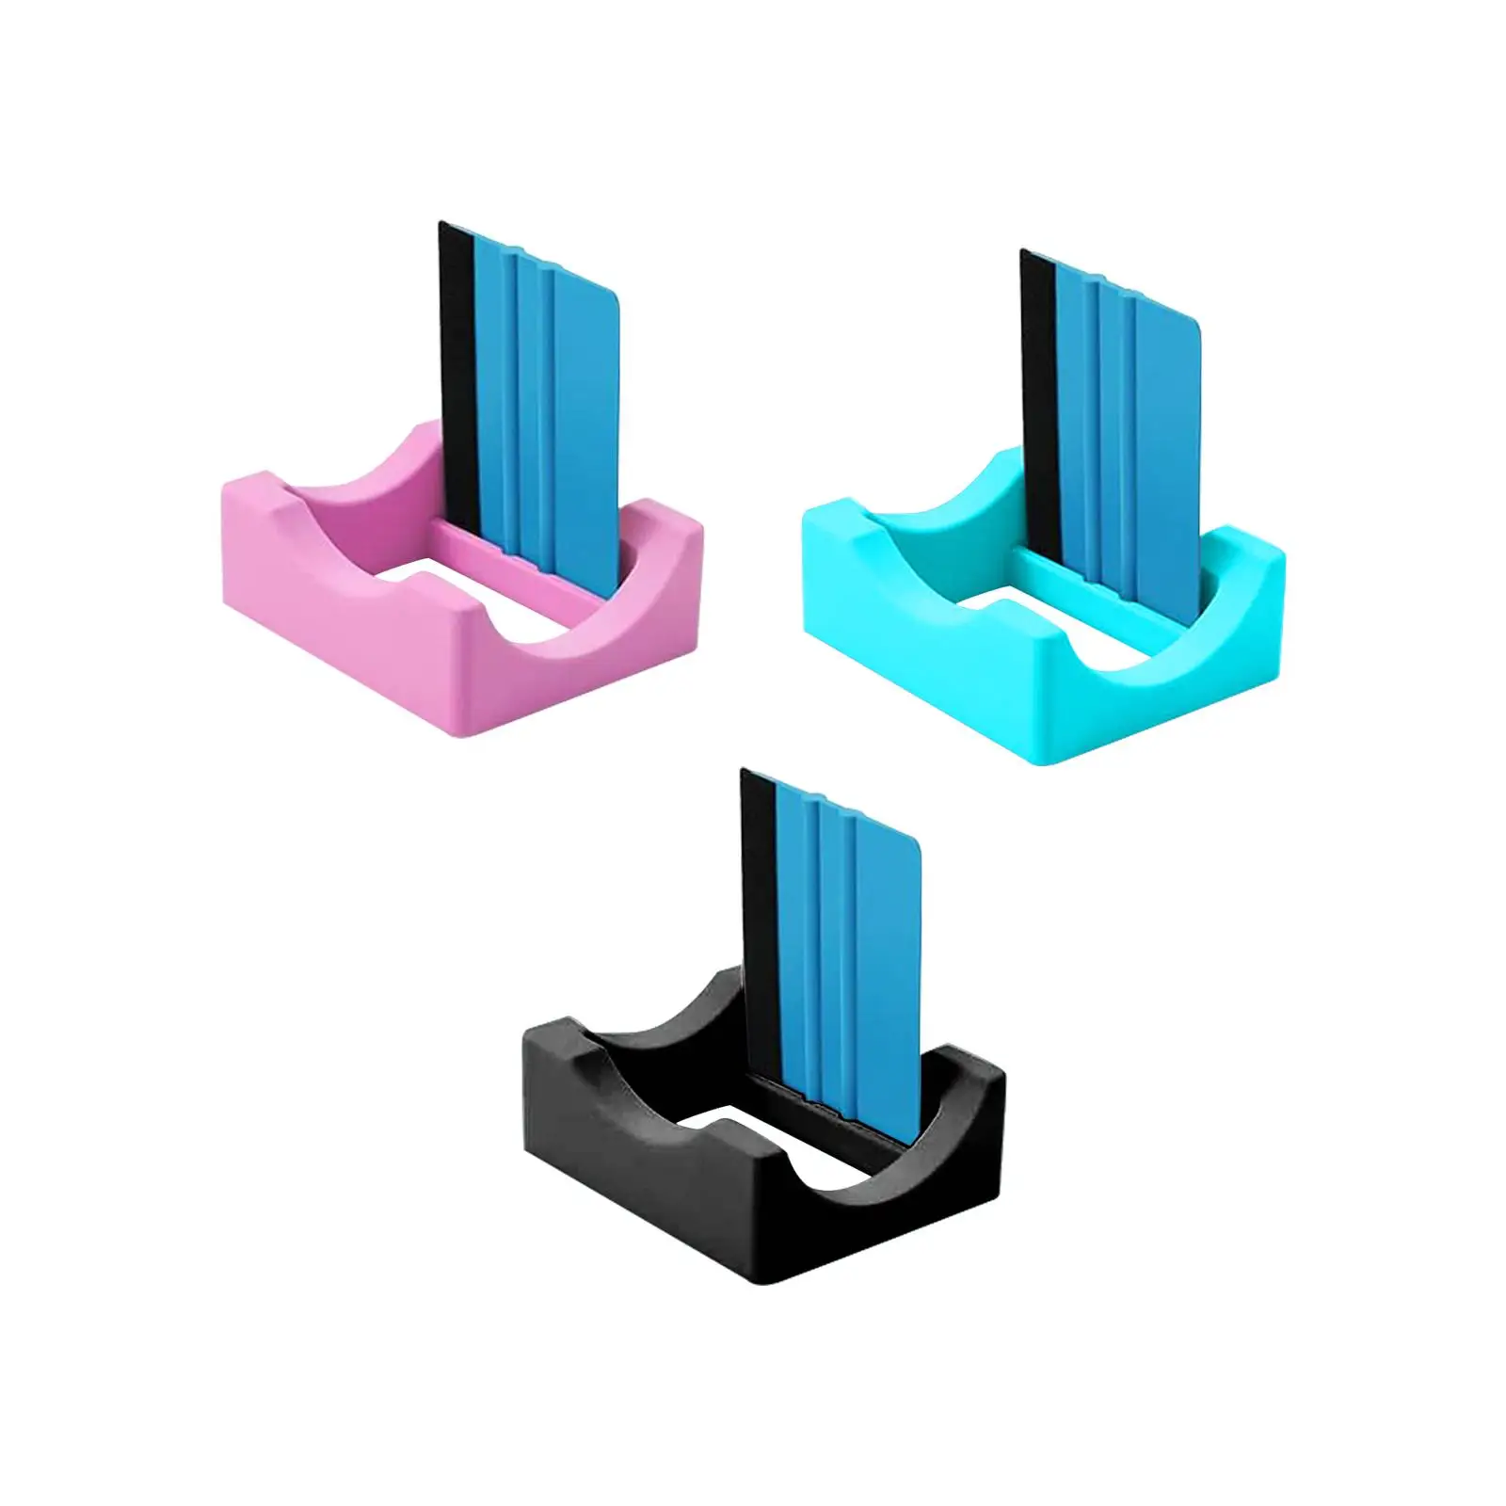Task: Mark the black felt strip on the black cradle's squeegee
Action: tap(758, 922)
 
